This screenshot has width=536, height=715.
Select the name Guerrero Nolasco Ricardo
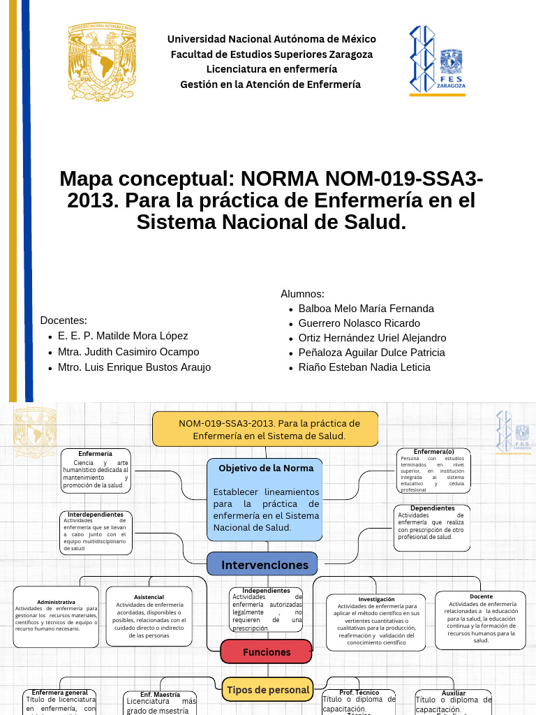(359, 323)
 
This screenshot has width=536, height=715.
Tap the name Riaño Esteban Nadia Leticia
(364, 367)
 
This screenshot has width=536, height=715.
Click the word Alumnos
(302, 294)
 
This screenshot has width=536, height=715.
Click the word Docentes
(64, 320)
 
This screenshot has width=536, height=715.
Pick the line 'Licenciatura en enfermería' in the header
(271, 69)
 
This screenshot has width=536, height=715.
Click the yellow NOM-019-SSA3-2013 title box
(265, 429)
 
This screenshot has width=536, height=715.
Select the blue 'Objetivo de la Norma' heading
(266, 468)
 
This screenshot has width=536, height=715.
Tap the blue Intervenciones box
(263, 564)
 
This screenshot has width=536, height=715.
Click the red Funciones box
(267, 652)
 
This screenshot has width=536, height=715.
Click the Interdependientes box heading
(96, 515)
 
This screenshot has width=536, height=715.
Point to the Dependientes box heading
(432, 508)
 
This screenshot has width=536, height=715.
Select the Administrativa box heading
(56, 601)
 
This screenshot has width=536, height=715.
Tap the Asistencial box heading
(149, 597)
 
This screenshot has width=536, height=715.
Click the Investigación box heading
(376, 599)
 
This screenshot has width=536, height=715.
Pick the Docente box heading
(481, 596)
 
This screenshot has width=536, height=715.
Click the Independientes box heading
(266, 591)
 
